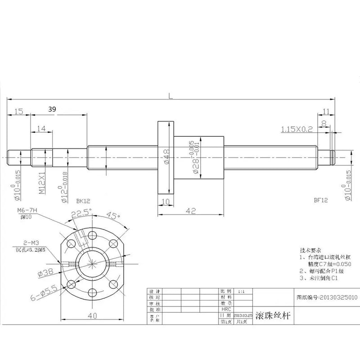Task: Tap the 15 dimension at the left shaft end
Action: click(x=18, y=111)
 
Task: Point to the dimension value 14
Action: click(x=41, y=129)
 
